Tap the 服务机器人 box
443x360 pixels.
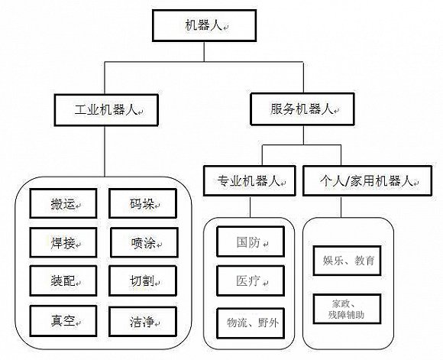(302, 109)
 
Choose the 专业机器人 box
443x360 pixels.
(248, 182)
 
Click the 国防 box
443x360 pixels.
(248, 242)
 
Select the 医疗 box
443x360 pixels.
(248, 281)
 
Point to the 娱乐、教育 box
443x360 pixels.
(348, 261)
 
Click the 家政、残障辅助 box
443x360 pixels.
(348, 309)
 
